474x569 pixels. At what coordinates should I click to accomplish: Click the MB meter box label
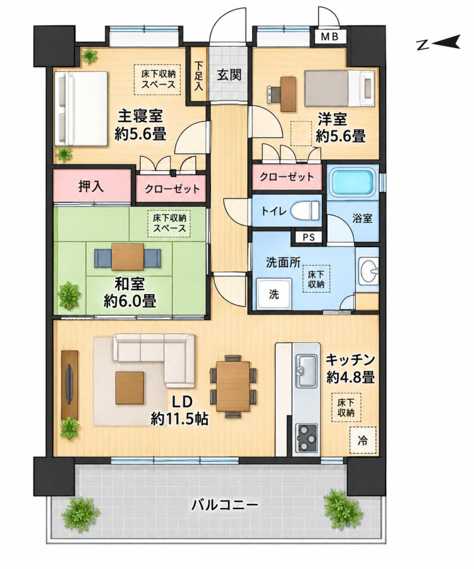[x=330, y=36]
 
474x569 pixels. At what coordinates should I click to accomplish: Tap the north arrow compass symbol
[x=439, y=43]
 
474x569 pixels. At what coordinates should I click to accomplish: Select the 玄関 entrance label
[x=229, y=75]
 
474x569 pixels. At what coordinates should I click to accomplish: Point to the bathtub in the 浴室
[x=351, y=183]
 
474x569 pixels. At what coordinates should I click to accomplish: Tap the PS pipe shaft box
[x=308, y=238]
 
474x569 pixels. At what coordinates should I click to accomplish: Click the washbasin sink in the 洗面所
[x=368, y=270]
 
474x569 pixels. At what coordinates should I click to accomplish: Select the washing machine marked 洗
[x=274, y=293]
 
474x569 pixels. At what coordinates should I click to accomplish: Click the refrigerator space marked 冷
[x=363, y=441]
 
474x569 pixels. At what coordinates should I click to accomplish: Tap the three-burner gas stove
[x=307, y=437]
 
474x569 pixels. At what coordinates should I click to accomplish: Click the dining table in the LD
[x=233, y=386]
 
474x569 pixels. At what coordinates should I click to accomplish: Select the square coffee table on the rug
[x=129, y=388]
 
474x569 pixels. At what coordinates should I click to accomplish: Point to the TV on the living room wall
[x=69, y=384]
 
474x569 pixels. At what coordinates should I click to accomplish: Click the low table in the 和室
[x=128, y=257]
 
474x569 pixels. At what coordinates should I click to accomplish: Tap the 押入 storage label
[x=92, y=186]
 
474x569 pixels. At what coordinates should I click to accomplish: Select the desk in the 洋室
[x=289, y=94]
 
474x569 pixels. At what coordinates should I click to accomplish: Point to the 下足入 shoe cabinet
[x=198, y=75]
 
